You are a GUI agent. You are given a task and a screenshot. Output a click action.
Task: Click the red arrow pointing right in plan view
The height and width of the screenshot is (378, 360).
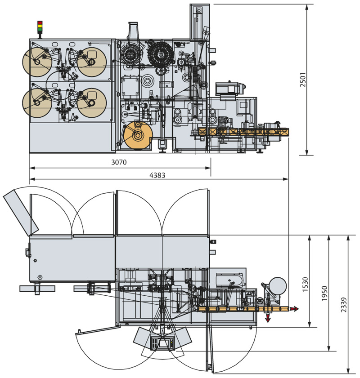pos(295,309)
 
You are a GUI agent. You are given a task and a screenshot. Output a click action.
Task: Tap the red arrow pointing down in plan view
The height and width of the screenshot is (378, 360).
pos(267,318)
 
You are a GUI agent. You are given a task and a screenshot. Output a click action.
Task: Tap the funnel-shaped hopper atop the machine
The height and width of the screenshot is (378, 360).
pos(133,31)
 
